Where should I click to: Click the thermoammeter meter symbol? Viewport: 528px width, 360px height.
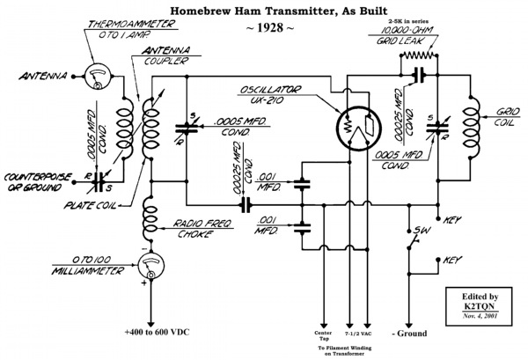click(98, 77)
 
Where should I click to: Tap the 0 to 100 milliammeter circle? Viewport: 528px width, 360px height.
click(151, 265)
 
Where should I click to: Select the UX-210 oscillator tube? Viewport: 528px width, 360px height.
click(359, 129)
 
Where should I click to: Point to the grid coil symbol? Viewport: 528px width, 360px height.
click(471, 127)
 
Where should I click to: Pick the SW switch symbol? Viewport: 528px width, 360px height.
click(414, 239)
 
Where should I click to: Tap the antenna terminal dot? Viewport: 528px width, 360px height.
click(73, 77)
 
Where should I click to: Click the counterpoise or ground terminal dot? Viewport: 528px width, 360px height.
click(75, 182)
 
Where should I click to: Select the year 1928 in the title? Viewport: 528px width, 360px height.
click(270, 27)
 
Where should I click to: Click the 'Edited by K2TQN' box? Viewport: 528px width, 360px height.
click(479, 306)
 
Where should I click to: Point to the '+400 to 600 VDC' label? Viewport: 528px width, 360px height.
click(157, 332)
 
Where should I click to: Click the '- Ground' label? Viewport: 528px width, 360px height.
click(409, 334)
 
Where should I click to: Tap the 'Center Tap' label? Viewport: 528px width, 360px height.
click(323, 335)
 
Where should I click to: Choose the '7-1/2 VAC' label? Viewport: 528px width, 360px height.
click(358, 334)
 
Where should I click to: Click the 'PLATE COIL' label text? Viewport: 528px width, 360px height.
click(90, 205)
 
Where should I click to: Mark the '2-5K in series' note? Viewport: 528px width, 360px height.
click(409, 21)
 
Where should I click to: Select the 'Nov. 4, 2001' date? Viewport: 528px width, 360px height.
click(480, 316)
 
